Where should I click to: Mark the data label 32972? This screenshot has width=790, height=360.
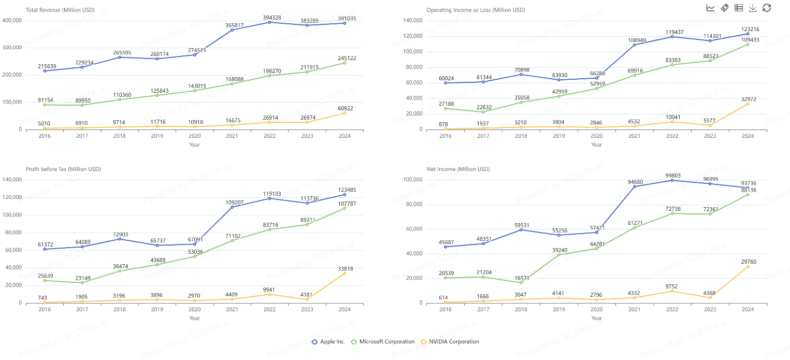click(x=748, y=99)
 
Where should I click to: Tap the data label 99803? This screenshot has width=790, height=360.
click(x=672, y=176)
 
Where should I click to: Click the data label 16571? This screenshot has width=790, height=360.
click(x=521, y=278)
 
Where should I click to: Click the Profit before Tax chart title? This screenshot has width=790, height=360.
click(x=63, y=169)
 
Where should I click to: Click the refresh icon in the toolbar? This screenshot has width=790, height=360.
click(x=767, y=8)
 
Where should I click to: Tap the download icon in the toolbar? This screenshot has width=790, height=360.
click(x=753, y=8)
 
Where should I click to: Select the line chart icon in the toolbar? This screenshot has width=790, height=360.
click(x=710, y=8)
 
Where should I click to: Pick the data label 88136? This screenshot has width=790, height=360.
click(x=748, y=190)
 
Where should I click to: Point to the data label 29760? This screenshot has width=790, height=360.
click(x=748, y=262)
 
